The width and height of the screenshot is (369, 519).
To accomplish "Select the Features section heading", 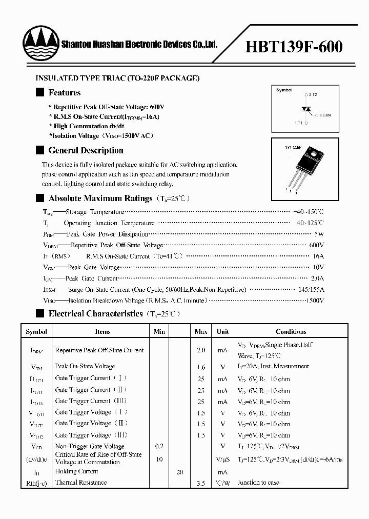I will (64, 93).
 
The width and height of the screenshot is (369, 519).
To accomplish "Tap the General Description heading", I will (86, 150).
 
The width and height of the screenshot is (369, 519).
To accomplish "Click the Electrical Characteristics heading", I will (95, 313).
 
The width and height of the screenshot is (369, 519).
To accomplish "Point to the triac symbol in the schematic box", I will (306, 109).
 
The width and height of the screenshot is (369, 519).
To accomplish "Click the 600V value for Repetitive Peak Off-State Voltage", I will (317, 245).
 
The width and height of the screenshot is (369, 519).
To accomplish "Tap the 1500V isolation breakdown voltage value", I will (315, 301).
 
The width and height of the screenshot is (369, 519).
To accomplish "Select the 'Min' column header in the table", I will (159, 332).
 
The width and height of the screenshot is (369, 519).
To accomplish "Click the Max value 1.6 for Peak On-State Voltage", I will (201, 367).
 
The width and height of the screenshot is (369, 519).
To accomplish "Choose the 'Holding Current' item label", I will (76, 471).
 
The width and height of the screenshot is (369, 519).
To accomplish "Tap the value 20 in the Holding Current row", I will (179, 472).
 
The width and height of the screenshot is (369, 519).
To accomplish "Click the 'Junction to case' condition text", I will (259, 483).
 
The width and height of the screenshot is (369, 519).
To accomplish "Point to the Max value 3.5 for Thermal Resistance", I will (201, 483).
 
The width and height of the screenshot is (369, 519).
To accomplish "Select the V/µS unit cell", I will (222, 459).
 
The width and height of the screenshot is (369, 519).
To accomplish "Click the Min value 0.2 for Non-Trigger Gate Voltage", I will (159, 447).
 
